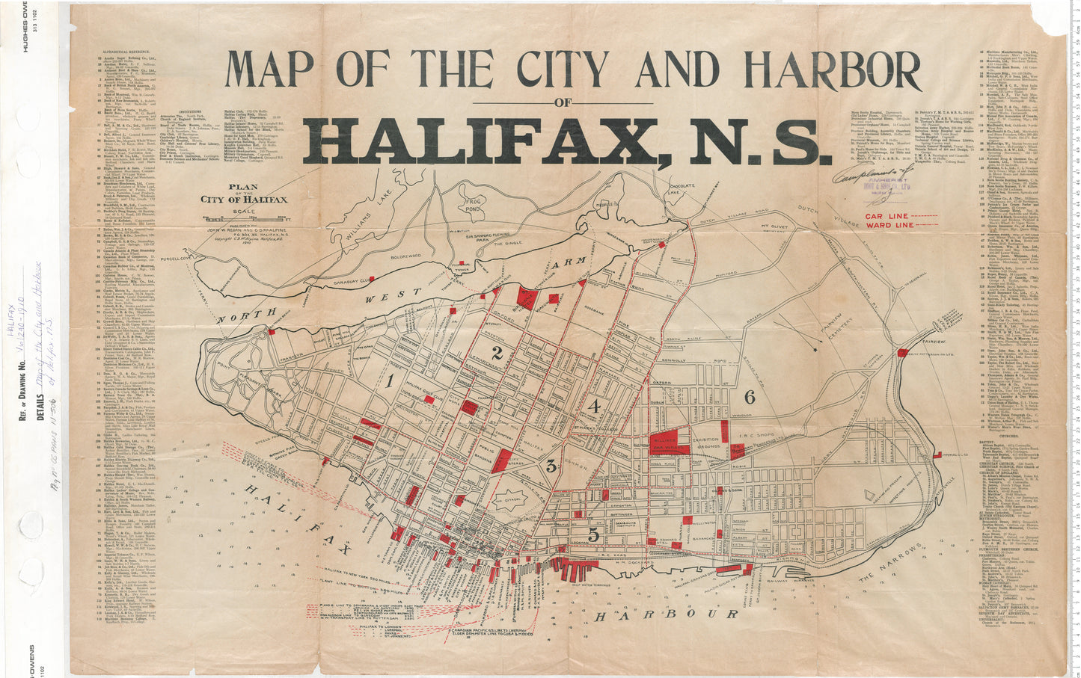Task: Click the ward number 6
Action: coord(750,397)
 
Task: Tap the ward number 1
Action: coord(390,381)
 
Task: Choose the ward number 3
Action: coord(551,466)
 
